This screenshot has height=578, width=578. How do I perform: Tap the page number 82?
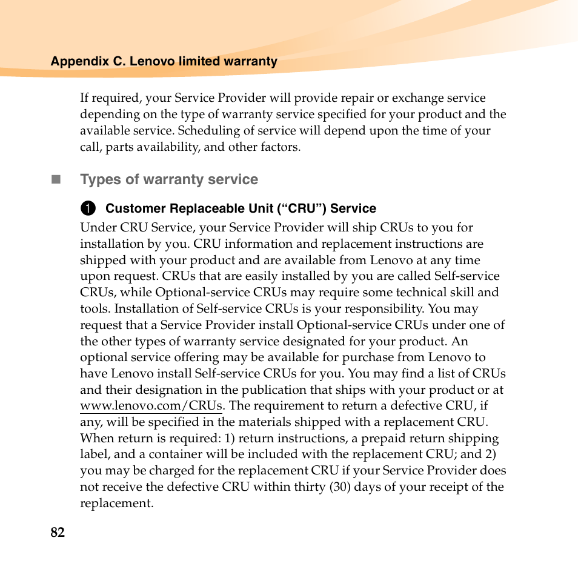coord(58,533)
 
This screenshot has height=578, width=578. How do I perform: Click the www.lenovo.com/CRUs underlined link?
coord(151,406)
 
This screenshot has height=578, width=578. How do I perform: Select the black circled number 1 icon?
coord(88,209)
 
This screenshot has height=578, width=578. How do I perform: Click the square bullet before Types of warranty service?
coord(56,179)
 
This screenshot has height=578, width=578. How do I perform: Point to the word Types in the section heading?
coord(99,180)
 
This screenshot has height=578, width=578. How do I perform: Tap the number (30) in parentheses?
coord(340,487)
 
